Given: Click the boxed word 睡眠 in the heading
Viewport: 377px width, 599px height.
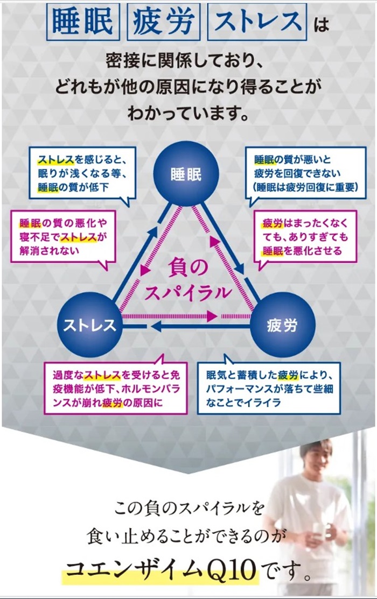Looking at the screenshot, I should (82, 22).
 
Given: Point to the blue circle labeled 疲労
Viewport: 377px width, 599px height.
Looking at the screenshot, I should (282, 325).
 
